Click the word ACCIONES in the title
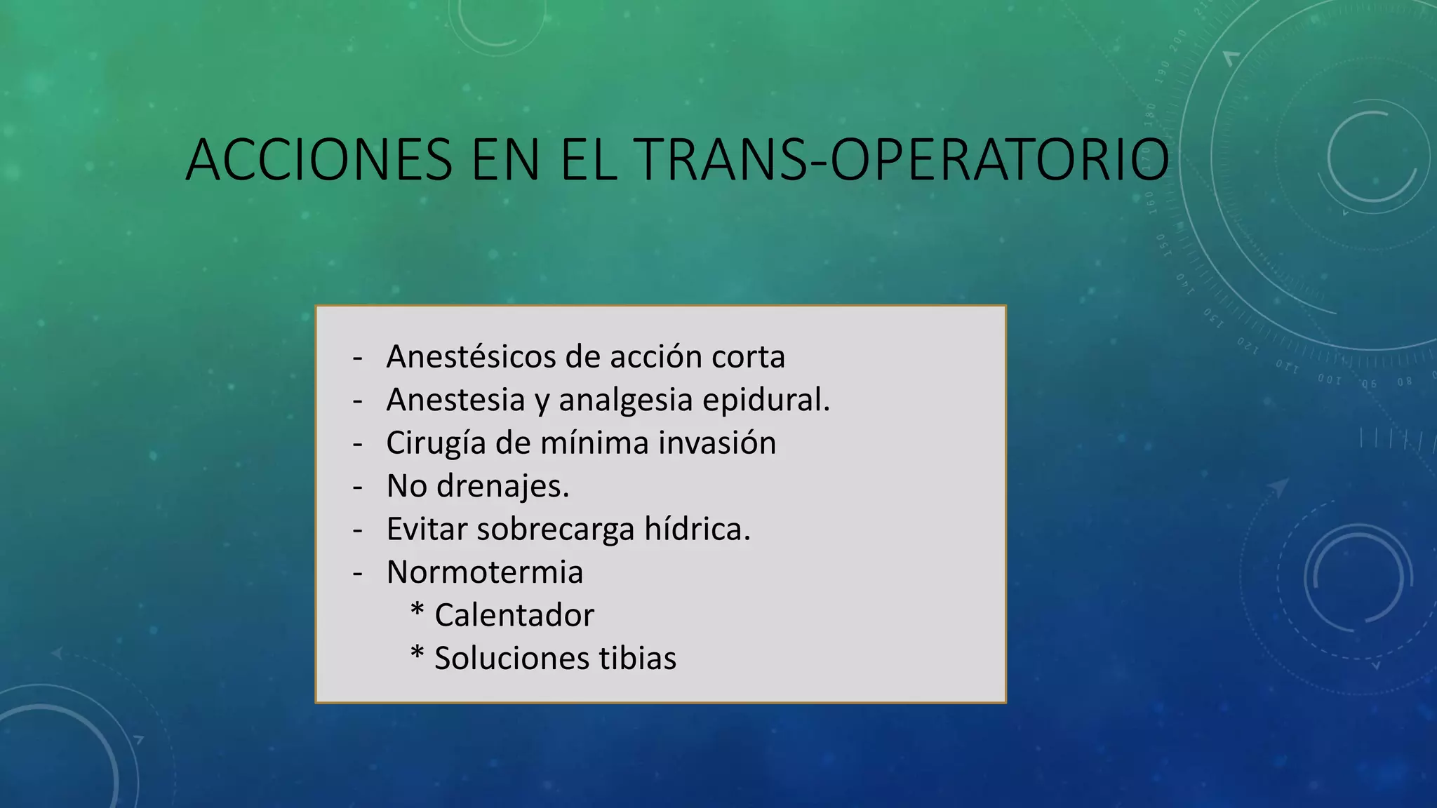(x=319, y=161)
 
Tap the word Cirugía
(x=436, y=443)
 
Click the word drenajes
(x=502, y=486)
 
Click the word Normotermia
(x=484, y=572)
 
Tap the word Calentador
(x=514, y=616)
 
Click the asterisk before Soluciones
(x=417, y=654)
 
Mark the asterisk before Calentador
(x=417, y=611)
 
